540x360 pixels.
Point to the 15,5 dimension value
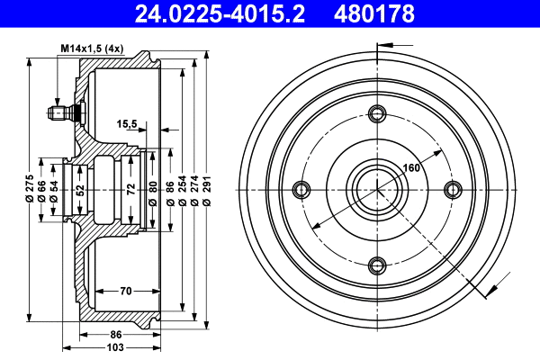tap(127, 125)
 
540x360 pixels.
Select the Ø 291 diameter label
tap(207, 189)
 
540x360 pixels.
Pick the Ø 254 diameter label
tap(182, 189)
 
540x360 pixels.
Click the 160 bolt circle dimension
tap(411, 167)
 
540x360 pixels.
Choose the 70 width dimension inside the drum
tap(127, 291)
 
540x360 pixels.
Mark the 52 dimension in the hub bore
tap(80, 190)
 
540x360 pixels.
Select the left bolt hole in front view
tap(301, 189)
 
